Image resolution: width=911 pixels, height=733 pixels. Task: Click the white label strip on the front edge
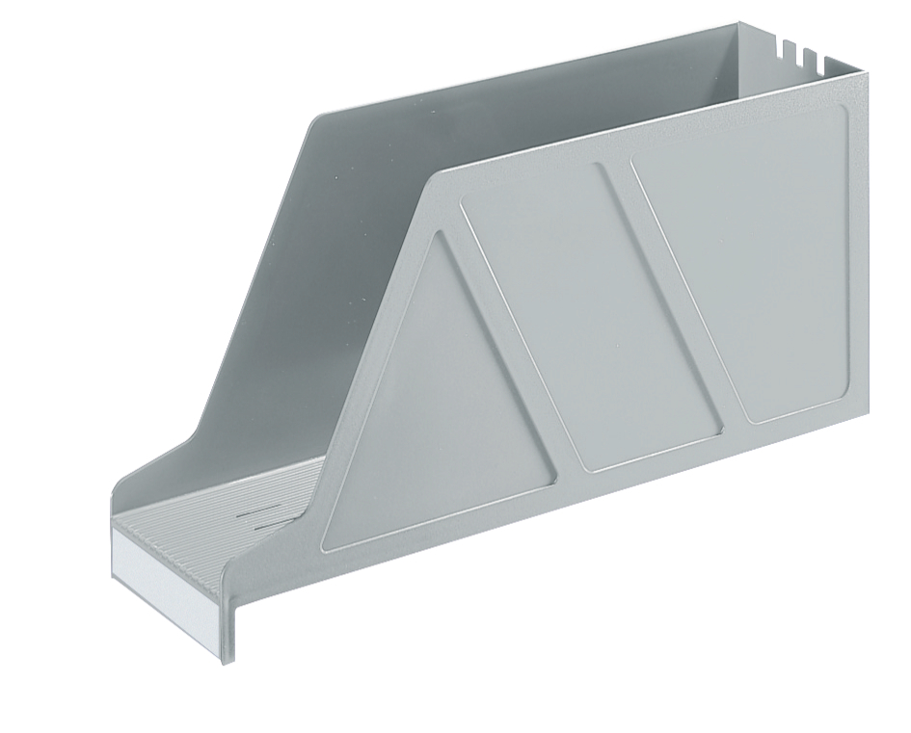click(170, 559)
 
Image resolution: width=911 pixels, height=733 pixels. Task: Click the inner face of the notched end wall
click(771, 77)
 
